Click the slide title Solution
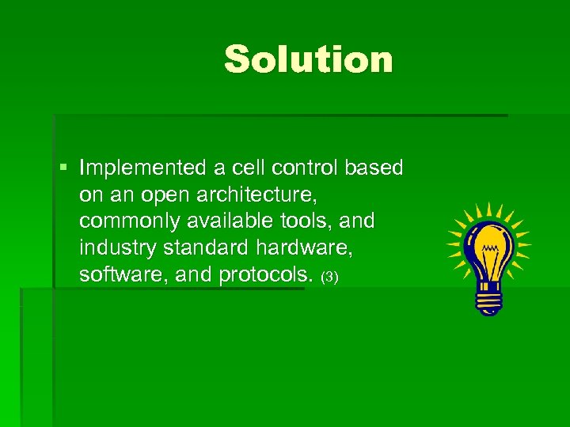coord(308,59)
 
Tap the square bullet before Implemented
coord(63,168)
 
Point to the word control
coord(306,168)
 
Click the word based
coord(376,168)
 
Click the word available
coord(218,221)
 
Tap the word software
coord(114,275)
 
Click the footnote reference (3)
coord(329,278)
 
